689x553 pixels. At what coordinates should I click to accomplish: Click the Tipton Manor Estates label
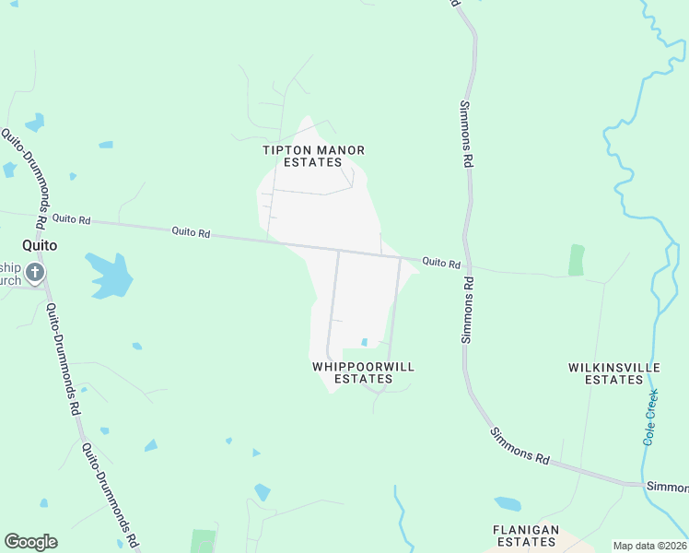(x=313, y=156)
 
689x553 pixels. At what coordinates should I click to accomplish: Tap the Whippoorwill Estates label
(x=363, y=372)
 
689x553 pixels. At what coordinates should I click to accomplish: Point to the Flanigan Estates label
(x=526, y=535)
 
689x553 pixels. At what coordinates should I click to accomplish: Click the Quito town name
(x=41, y=246)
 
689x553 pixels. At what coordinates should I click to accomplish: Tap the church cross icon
(x=35, y=273)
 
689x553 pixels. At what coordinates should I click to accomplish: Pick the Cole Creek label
(x=650, y=418)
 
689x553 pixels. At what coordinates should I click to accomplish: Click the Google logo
(x=30, y=542)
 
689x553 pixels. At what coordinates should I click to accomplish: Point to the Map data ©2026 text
(x=648, y=546)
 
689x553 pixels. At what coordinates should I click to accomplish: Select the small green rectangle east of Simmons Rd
(x=577, y=260)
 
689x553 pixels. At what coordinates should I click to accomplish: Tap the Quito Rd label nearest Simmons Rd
(x=441, y=263)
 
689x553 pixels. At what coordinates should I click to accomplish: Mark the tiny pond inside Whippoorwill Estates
(x=365, y=343)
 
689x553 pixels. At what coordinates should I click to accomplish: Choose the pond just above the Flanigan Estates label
(x=508, y=504)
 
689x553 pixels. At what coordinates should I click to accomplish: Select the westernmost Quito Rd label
(x=71, y=219)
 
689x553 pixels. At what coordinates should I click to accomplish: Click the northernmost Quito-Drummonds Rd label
(x=24, y=178)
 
